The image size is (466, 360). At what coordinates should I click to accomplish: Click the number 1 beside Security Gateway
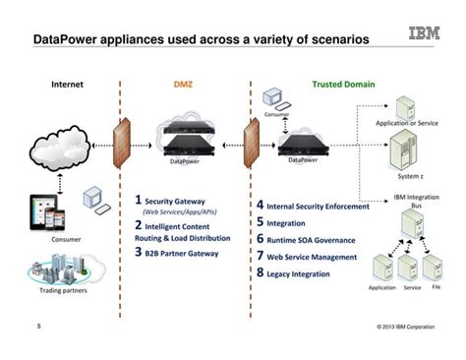139,200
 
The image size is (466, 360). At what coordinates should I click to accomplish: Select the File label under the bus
437,287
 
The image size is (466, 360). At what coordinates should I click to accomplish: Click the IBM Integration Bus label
414,201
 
